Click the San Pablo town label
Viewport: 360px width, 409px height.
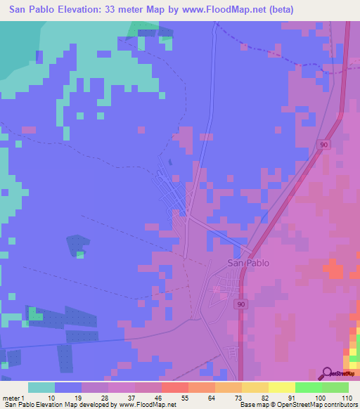(248, 264)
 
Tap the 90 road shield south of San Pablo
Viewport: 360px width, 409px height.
(240, 304)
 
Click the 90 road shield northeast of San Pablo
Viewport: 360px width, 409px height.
(323, 144)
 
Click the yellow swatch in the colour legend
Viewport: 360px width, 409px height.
(282, 387)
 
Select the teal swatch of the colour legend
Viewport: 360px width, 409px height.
(41, 387)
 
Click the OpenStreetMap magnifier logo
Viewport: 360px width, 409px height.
(327, 373)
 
